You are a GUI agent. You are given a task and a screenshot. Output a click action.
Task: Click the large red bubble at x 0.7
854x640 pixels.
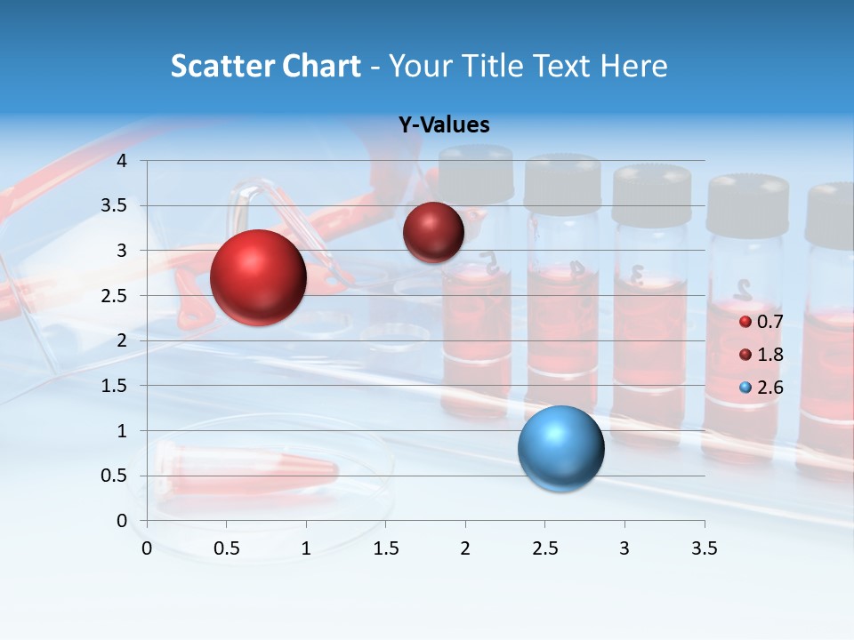pyautogui.click(x=258, y=277)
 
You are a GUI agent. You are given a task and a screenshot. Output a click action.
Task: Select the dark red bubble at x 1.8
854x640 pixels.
pyautogui.click(x=433, y=232)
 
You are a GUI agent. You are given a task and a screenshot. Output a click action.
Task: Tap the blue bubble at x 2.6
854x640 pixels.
pyautogui.click(x=560, y=448)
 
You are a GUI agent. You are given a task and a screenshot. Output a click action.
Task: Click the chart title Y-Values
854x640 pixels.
pyautogui.click(x=444, y=125)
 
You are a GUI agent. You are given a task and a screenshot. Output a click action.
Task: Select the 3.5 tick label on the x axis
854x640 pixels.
pyautogui.click(x=704, y=548)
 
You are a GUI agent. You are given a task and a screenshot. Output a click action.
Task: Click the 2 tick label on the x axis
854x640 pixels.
pyautogui.click(x=465, y=548)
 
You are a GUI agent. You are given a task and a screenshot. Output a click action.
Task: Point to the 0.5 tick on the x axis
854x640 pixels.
pyautogui.click(x=227, y=548)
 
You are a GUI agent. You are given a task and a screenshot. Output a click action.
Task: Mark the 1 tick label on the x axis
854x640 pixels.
pyautogui.click(x=306, y=548)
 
